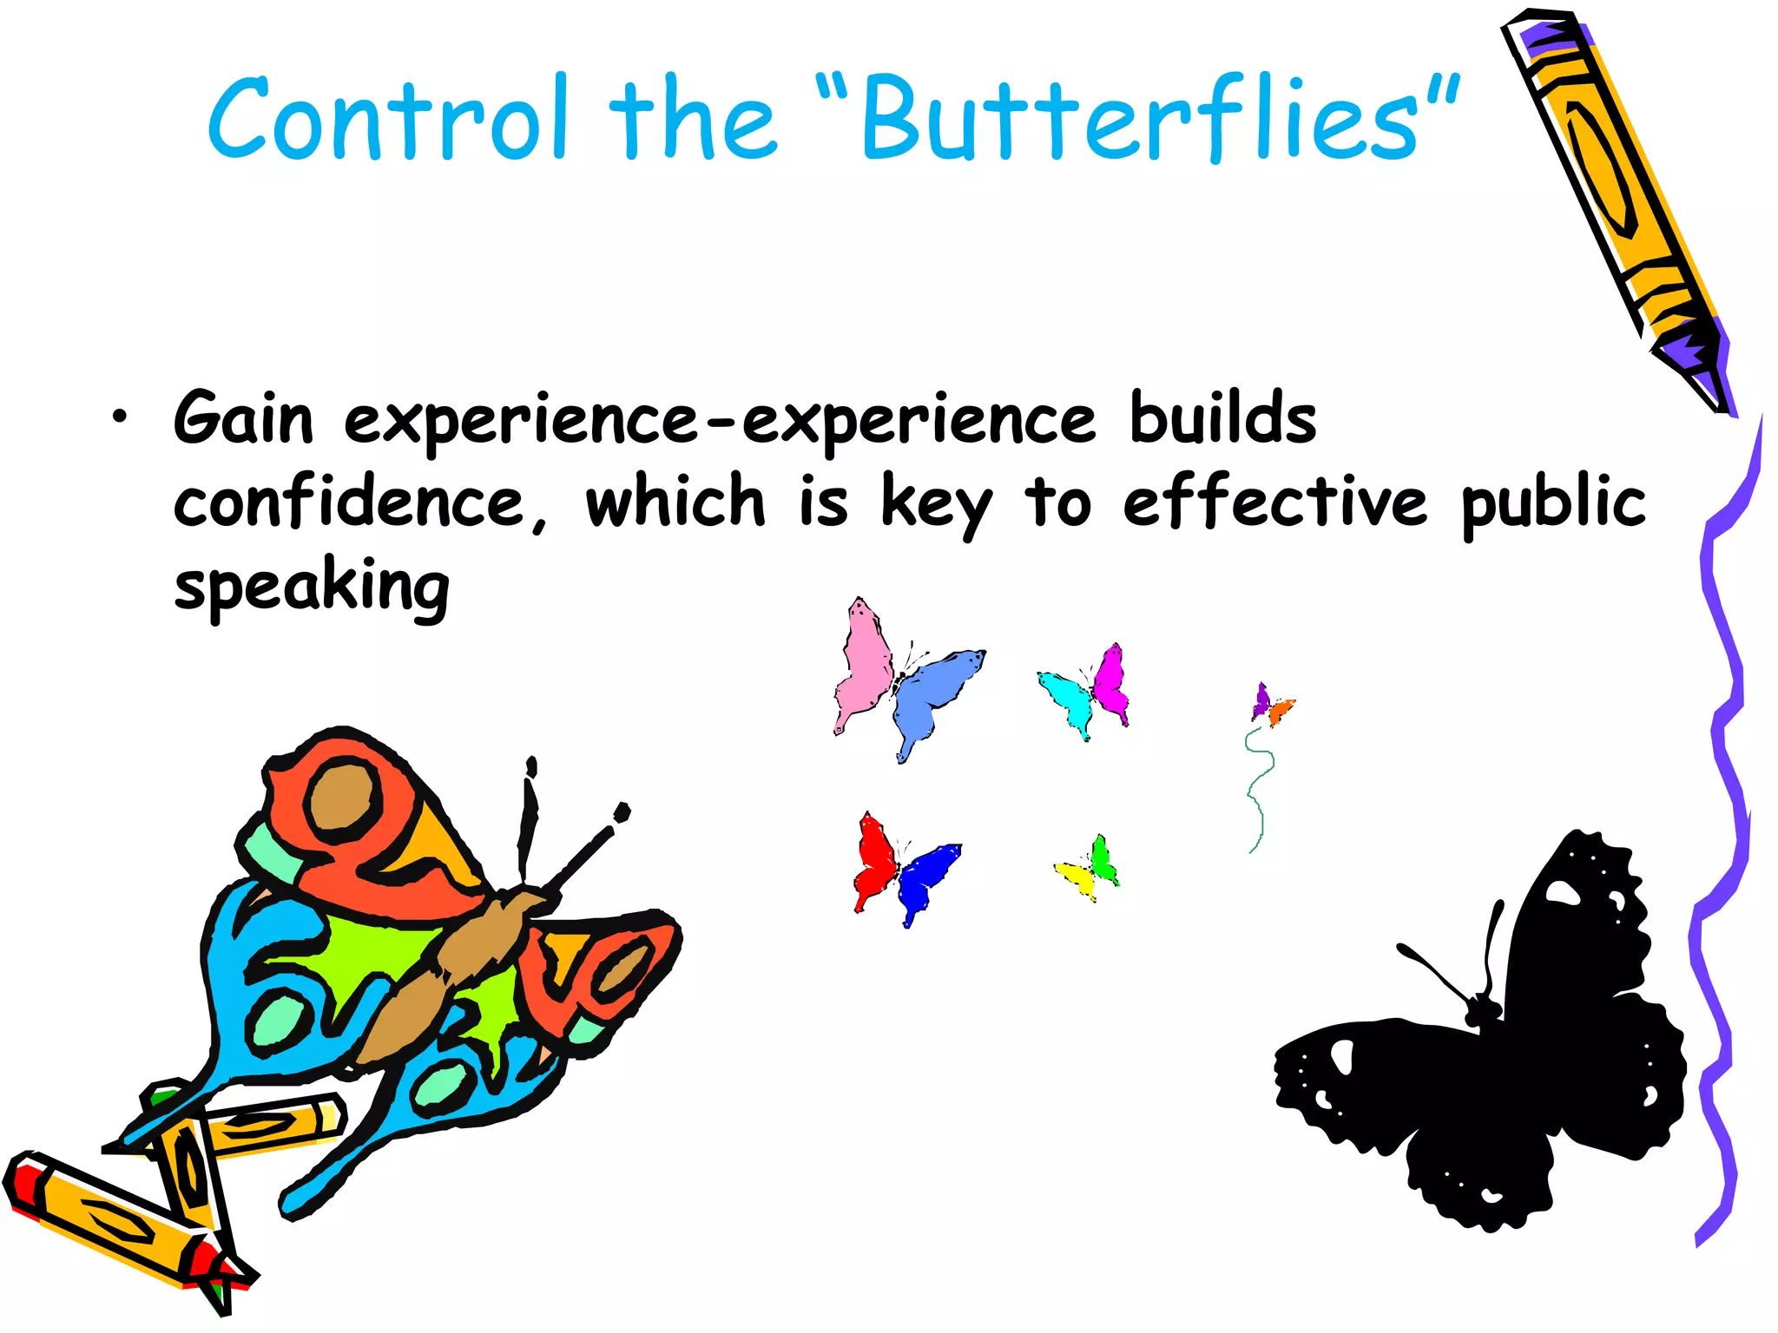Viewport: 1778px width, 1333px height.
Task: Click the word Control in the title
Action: click(388, 119)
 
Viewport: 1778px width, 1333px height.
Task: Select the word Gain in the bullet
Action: click(243, 419)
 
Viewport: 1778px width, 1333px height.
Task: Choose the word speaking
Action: click(312, 588)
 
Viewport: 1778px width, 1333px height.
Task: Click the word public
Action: click(1553, 503)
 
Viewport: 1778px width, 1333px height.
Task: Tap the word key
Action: click(936, 503)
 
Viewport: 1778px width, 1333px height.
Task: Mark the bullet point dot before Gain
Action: click(119, 417)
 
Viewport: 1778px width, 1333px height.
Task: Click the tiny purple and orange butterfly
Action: click(1271, 706)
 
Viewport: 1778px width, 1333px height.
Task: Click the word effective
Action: click(1274, 503)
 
